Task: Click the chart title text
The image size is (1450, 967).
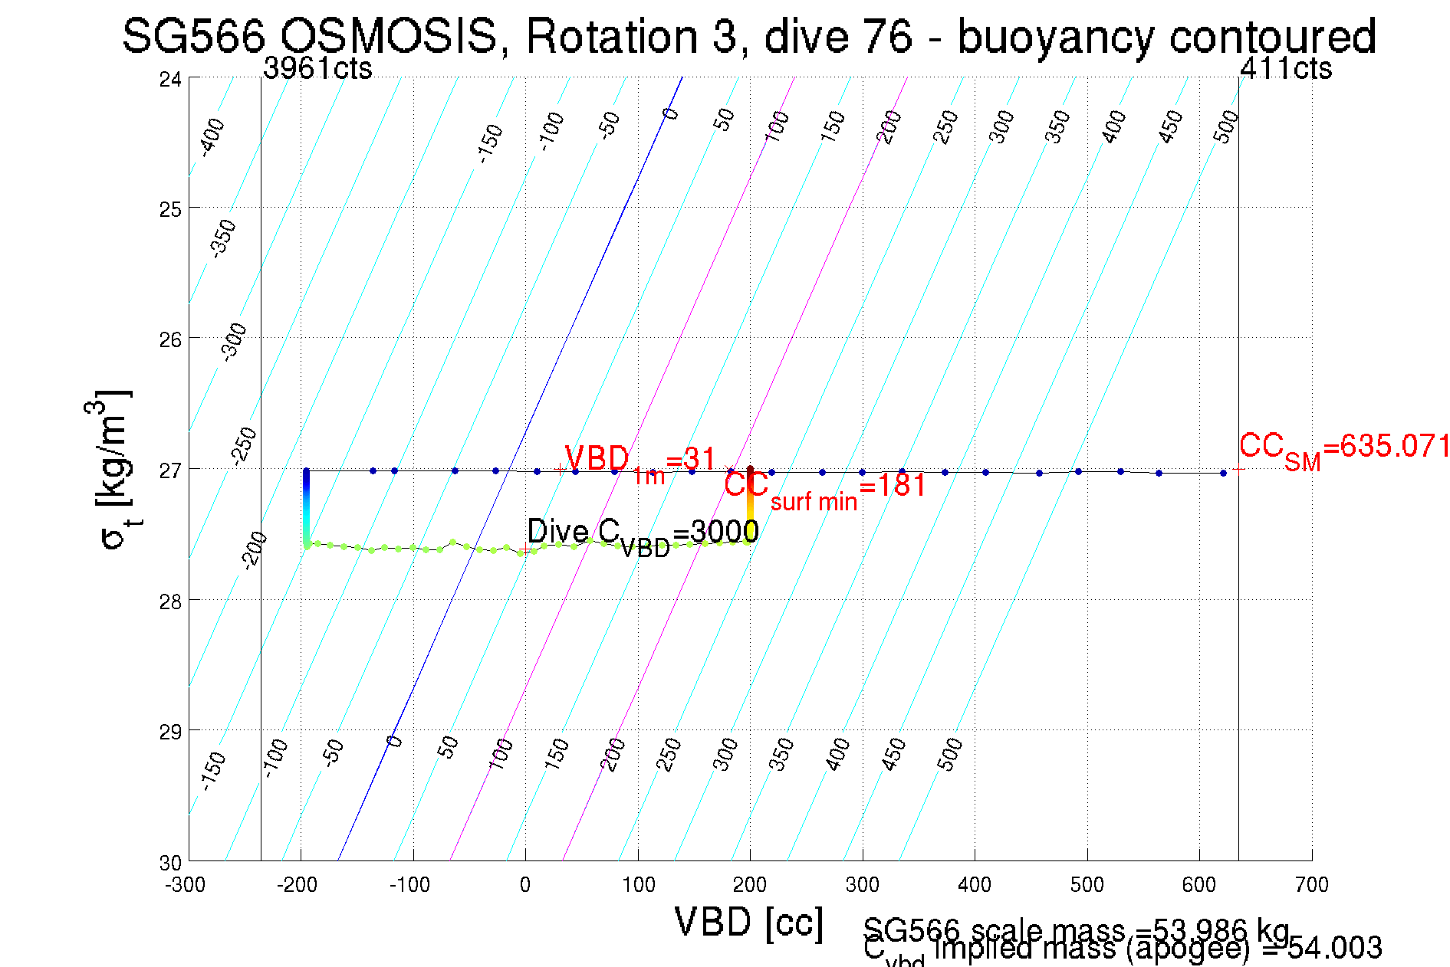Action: tap(748, 35)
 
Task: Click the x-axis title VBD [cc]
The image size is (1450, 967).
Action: tap(748, 923)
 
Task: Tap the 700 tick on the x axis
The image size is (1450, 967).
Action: tap(1311, 885)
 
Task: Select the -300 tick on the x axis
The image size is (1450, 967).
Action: tap(186, 885)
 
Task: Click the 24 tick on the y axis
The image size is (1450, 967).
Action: tap(170, 79)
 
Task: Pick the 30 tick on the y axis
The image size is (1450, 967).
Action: tap(170, 863)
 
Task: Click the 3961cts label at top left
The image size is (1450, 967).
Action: tap(317, 69)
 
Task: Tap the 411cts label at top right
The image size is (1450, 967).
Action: tap(1286, 69)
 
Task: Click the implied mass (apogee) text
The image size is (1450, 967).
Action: tap(1157, 949)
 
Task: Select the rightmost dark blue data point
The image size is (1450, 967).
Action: tap(1223, 473)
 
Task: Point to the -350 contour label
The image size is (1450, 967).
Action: tap(223, 238)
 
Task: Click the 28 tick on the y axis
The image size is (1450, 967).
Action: tap(170, 602)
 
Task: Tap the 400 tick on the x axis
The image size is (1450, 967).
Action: tap(975, 885)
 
